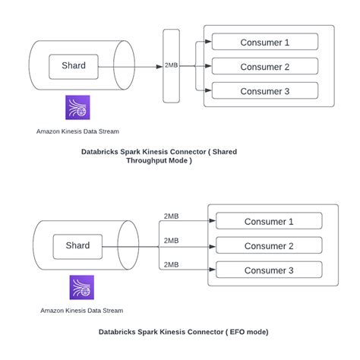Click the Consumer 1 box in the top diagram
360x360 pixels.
(x=264, y=42)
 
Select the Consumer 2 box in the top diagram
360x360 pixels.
(x=264, y=66)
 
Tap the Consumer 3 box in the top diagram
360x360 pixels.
(x=264, y=91)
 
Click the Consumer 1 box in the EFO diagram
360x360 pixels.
(x=269, y=221)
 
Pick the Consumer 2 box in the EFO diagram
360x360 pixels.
(x=269, y=245)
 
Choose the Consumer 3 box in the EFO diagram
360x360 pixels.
(x=269, y=270)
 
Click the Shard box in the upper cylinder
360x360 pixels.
(x=74, y=66)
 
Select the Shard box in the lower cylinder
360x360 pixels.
(x=77, y=246)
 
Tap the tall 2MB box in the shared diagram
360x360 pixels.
(x=172, y=67)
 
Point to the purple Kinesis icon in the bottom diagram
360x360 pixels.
(x=81, y=287)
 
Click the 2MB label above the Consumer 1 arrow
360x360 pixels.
(x=172, y=216)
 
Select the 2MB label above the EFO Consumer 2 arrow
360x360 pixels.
(x=172, y=240)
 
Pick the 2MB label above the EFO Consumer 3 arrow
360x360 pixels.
(x=172, y=264)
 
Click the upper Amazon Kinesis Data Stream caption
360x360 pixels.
(x=77, y=131)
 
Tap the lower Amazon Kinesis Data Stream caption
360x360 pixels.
(x=81, y=310)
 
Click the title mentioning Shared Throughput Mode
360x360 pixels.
(x=159, y=156)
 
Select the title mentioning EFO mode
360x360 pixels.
(x=183, y=332)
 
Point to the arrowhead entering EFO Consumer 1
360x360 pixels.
(x=213, y=221)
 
